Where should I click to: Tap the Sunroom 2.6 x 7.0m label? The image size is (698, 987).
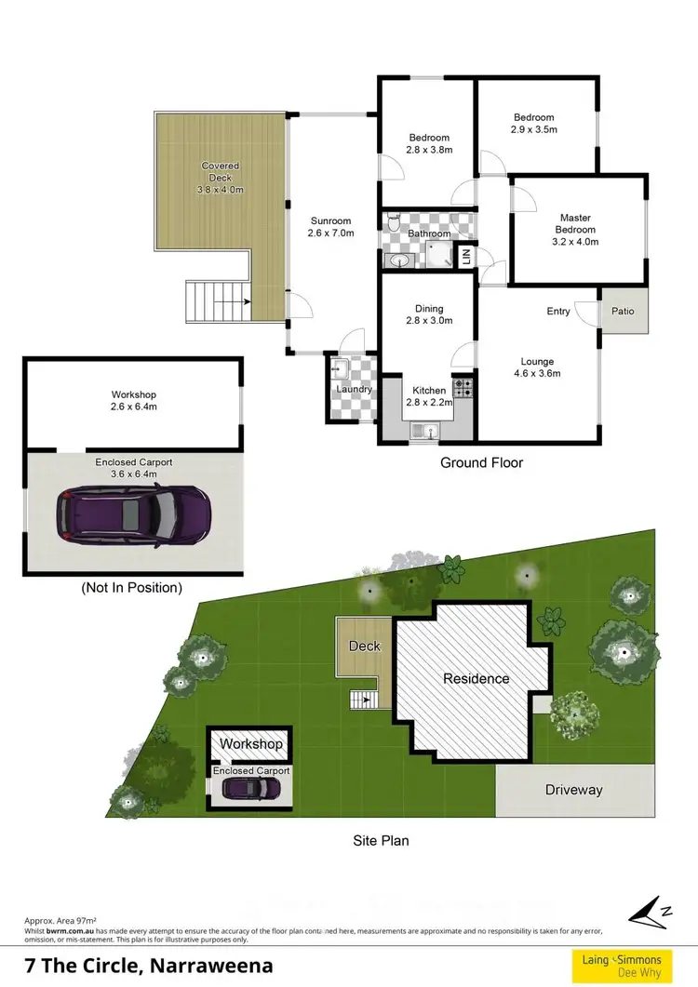pyautogui.click(x=331, y=227)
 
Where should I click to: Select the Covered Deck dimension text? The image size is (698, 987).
pyautogui.click(x=221, y=190)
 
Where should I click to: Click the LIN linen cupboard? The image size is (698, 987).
pyautogui.click(x=465, y=257)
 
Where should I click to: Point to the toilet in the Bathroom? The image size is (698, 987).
pyautogui.click(x=394, y=224)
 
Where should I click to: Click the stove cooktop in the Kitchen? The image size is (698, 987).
pyautogui.click(x=463, y=385)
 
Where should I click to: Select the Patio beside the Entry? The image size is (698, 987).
pyautogui.click(x=623, y=312)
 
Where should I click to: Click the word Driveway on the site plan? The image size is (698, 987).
pyautogui.click(x=573, y=790)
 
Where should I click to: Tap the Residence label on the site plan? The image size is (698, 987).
pyautogui.click(x=476, y=678)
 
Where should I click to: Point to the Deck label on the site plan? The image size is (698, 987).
pyautogui.click(x=364, y=646)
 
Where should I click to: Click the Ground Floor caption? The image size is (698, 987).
pyautogui.click(x=481, y=462)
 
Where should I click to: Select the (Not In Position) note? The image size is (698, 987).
pyautogui.click(x=131, y=588)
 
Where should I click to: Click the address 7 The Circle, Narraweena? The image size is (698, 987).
pyautogui.click(x=148, y=966)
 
